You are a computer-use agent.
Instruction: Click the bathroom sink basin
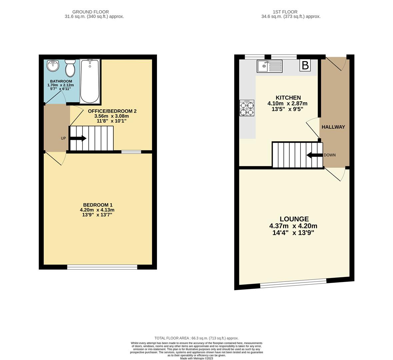(53, 66)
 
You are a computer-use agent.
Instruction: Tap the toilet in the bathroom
(70, 68)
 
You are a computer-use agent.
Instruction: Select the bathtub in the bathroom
(90, 81)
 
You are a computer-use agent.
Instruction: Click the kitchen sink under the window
(269, 66)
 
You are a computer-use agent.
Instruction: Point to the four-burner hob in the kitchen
(247, 108)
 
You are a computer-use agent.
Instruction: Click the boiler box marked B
(305, 65)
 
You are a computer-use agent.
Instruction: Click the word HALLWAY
(333, 127)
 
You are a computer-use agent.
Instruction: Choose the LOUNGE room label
(294, 219)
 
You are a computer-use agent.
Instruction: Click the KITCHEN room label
(288, 98)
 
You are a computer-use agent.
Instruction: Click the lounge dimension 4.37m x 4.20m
(293, 226)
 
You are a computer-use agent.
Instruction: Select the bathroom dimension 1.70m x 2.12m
(61, 85)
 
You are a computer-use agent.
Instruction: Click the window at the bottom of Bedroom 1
(102, 267)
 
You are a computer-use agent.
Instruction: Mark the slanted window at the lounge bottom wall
(293, 283)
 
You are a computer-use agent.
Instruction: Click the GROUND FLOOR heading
(90, 12)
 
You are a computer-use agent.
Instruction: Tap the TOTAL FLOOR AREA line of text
(196, 338)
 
